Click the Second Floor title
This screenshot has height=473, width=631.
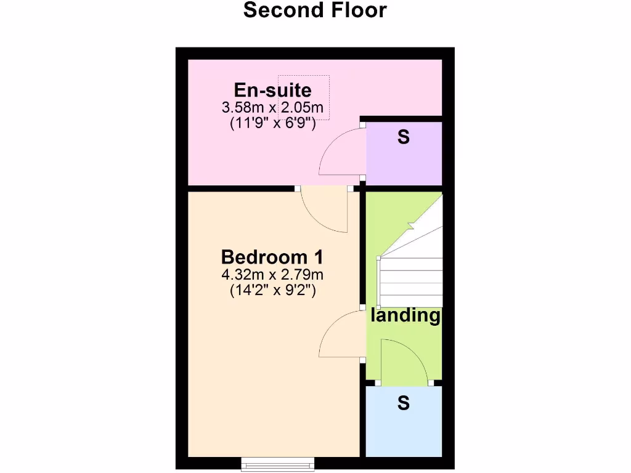coord(315,10)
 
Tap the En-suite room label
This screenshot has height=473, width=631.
coord(272,91)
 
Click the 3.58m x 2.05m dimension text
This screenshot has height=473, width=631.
coord(272,107)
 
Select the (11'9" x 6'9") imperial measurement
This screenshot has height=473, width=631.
coord(272,123)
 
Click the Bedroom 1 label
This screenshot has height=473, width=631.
coord(272,257)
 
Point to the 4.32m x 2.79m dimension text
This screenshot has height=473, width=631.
coord(272,274)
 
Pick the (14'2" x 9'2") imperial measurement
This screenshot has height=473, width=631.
coord(272,289)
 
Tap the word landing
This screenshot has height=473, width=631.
coord(405,316)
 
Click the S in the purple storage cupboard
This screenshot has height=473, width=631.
coord(403,137)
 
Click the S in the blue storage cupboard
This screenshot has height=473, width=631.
coord(404,403)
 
